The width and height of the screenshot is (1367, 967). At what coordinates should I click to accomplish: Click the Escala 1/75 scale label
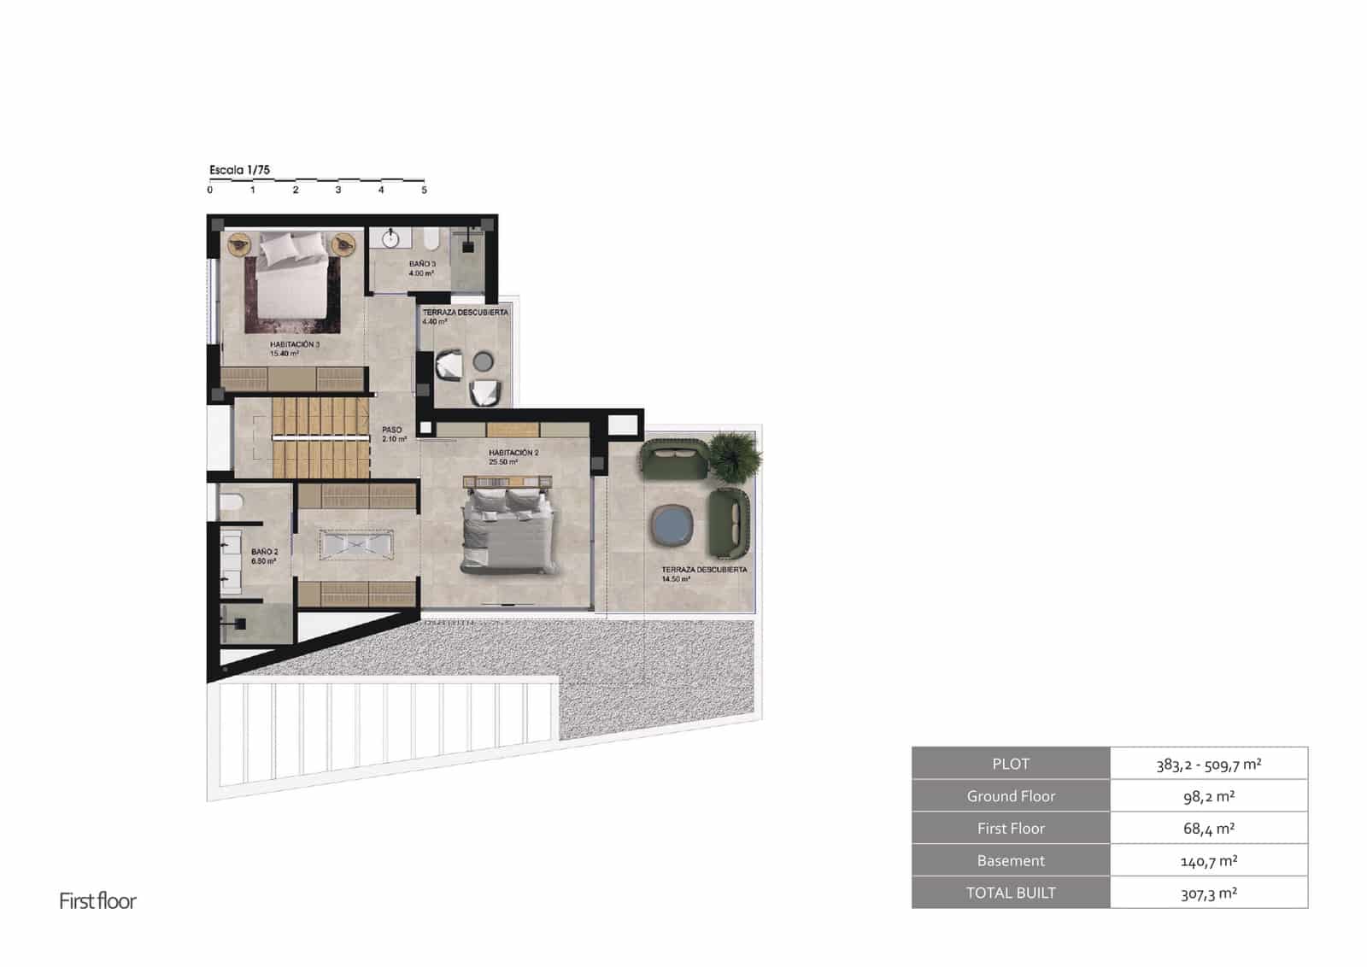[239, 170]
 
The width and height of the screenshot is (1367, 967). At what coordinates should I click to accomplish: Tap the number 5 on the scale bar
[424, 190]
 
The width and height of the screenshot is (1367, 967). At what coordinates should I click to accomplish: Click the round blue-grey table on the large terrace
[671, 525]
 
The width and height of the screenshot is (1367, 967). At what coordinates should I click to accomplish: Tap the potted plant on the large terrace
[735, 455]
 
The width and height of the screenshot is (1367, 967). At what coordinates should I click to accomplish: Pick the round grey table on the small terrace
[484, 361]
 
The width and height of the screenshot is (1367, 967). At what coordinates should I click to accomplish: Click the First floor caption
[97, 901]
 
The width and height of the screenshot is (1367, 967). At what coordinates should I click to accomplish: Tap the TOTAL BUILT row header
[1011, 893]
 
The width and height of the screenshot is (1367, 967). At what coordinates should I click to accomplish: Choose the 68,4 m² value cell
[1208, 828]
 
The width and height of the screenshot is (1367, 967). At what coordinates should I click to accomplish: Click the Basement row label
[1011, 860]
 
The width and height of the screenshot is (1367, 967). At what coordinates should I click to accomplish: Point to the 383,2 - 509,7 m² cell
[1208, 764]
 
